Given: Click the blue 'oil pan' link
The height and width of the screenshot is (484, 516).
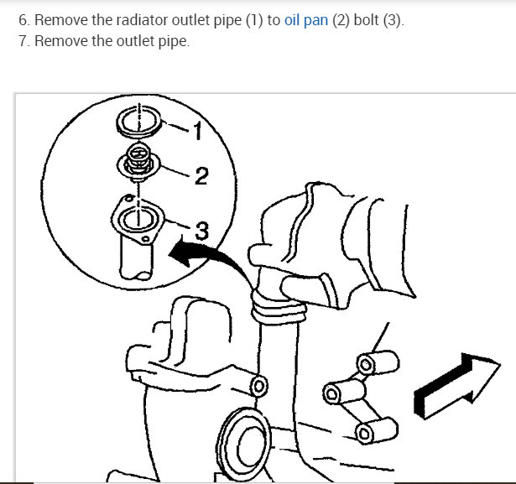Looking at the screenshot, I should click(304, 21).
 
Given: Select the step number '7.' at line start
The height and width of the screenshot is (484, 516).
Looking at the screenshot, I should click(23, 41).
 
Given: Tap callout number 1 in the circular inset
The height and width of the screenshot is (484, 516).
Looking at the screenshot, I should click(196, 131).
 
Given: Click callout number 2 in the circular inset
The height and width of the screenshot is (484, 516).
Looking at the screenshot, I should click(201, 176).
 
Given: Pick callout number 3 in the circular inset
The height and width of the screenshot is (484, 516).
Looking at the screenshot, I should click(201, 227).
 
